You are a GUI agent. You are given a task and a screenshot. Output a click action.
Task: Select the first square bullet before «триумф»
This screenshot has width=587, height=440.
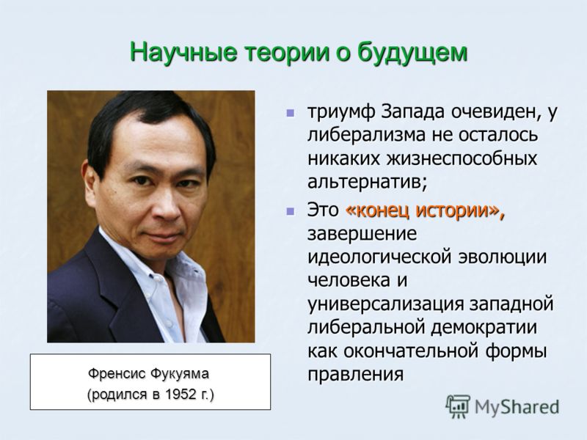(x=290, y=113)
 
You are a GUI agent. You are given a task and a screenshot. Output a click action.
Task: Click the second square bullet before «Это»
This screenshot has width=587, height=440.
(x=290, y=211)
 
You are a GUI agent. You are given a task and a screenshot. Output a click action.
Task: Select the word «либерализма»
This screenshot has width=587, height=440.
(x=366, y=135)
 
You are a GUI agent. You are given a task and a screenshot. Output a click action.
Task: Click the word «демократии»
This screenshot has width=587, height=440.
(x=484, y=328)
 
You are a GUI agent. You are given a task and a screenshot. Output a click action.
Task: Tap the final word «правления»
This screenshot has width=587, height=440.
(x=356, y=375)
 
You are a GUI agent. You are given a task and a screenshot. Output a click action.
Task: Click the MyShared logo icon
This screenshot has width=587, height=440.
(x=458, y=406)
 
